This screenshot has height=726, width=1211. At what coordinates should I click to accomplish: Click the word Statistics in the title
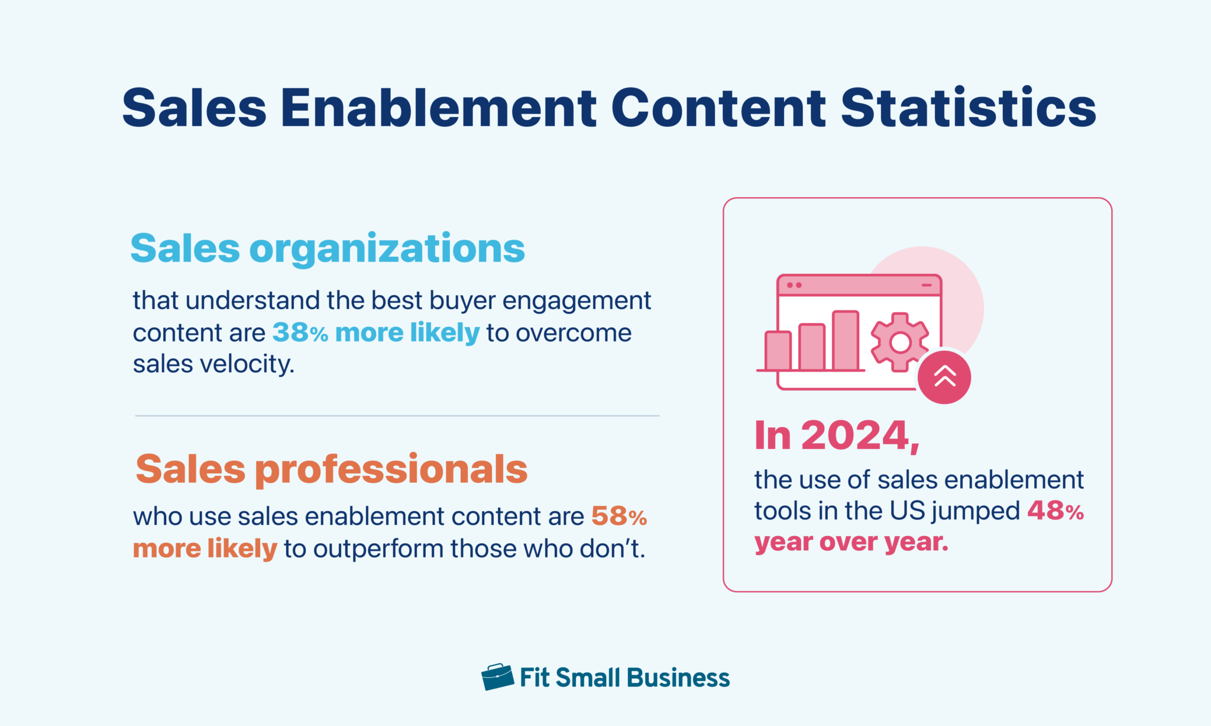coord(968,108)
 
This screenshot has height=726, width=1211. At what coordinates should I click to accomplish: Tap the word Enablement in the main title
coord(438,108)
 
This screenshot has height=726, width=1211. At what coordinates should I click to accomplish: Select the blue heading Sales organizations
coord(327,249)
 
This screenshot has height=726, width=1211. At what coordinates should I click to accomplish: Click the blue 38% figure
coord(300,333)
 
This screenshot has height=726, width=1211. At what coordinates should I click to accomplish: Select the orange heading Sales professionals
coord(331,469)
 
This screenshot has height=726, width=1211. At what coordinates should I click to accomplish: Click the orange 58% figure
coord(619,517)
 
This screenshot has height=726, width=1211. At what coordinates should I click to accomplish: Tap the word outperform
coord(378,549)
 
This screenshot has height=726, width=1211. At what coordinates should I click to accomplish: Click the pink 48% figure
coord(1055,511)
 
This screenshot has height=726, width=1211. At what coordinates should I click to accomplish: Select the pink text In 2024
coord(836,436)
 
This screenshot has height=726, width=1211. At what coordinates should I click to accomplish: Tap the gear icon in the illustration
coord(900,342)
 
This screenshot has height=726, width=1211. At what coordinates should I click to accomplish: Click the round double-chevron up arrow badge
coord(944,377)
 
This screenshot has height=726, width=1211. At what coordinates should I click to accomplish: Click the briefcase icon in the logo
coord(497,677)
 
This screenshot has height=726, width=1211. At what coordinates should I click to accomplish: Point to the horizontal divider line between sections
coord(397,416)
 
